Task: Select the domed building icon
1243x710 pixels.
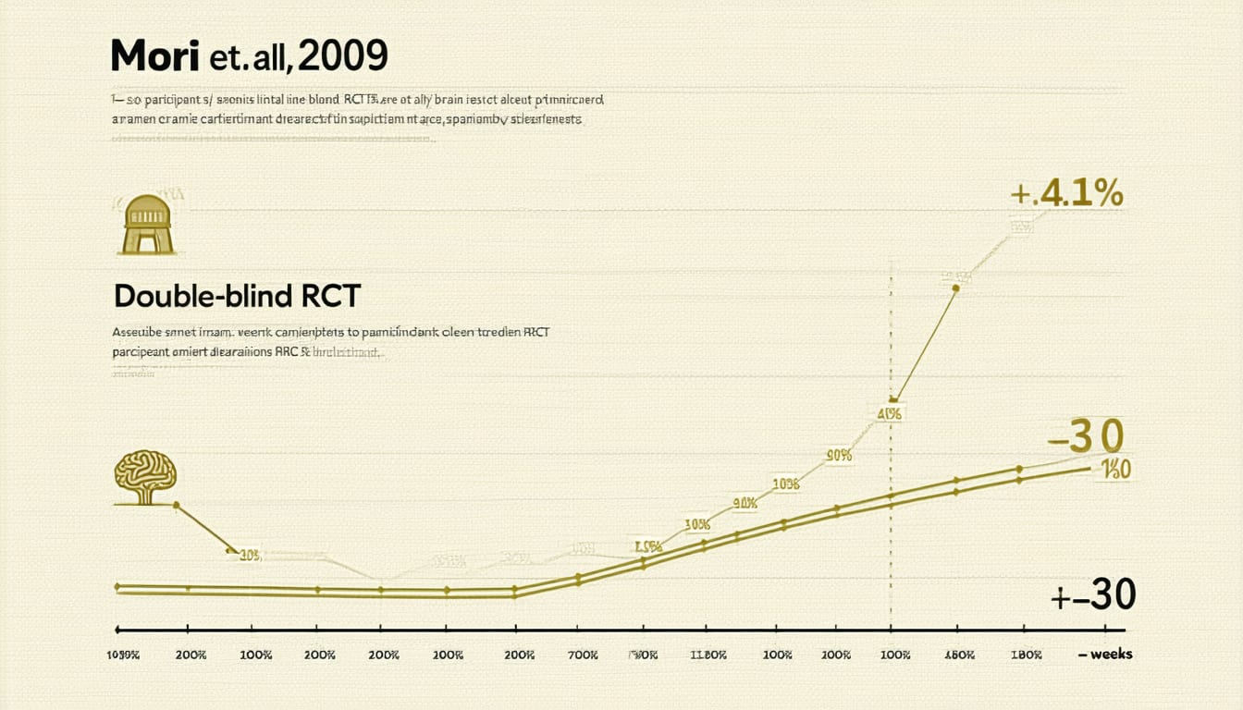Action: (148, 224)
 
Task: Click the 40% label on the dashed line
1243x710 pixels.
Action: (890, 413)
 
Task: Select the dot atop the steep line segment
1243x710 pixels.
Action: (955, 288)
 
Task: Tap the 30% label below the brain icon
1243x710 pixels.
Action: (249, 556)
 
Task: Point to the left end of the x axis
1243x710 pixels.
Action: (117, 630)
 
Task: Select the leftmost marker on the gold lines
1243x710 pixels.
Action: (117, 586)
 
